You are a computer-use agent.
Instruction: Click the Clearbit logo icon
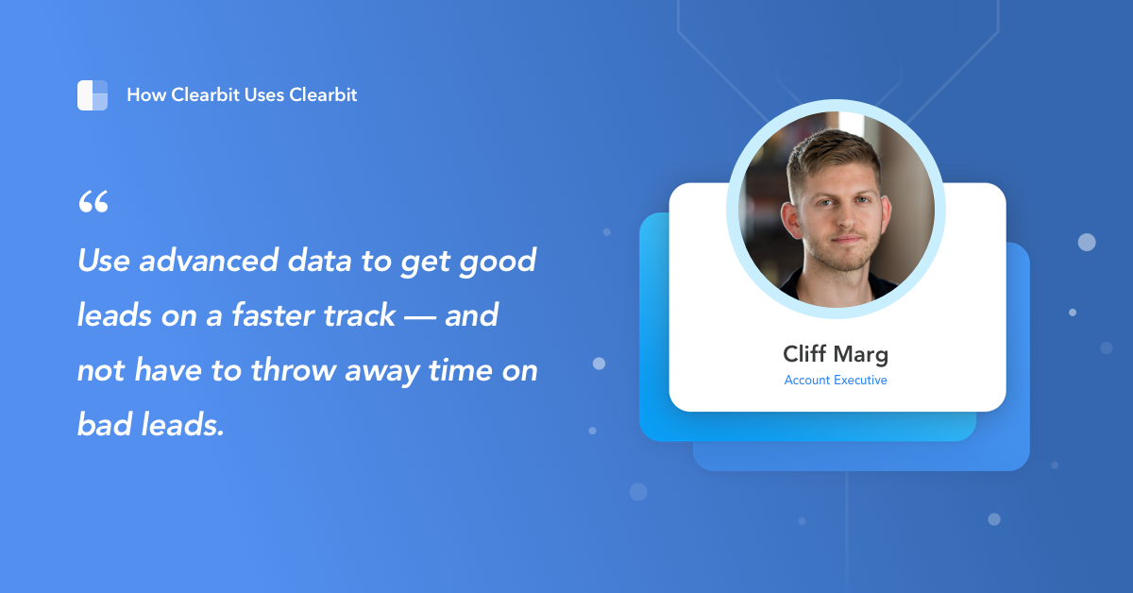[93, 95]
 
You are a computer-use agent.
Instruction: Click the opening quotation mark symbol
[93, 201]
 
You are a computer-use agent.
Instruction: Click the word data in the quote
[306, 261]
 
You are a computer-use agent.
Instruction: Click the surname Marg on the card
[861, 356]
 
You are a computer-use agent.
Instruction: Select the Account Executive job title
[836, 381]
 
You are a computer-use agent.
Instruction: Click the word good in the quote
[498, 262]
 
